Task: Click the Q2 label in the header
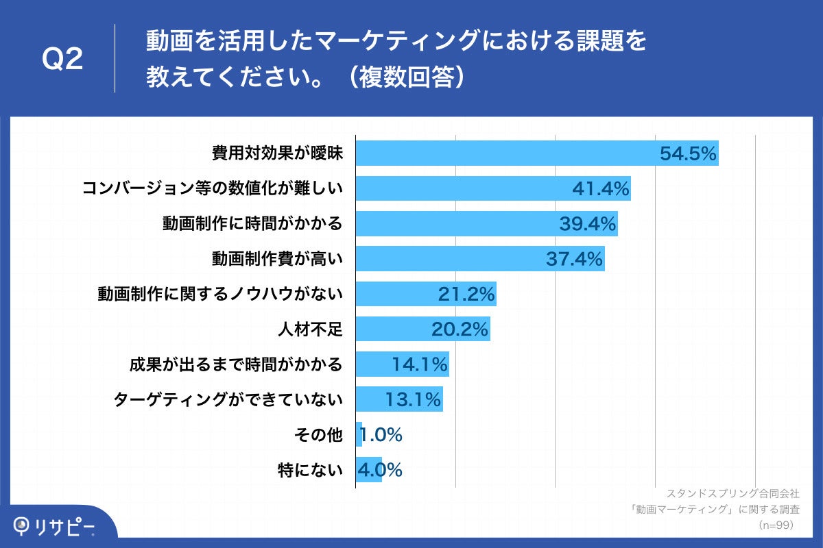(62, 60)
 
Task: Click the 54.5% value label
(688, 153)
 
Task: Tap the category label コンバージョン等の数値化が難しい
(212, 188)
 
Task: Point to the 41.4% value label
(601, 189)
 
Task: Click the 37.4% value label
(575, 259)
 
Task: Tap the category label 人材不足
(309, 329)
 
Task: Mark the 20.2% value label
(460, 329)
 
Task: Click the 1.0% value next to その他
(381, 435)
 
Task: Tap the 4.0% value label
(379, 470)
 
